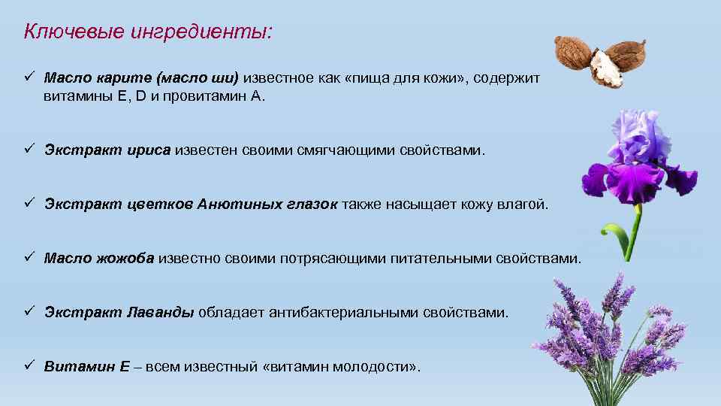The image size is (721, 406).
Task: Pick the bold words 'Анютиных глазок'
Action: (x=267, y=205)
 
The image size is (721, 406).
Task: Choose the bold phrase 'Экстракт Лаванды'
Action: (x=119, y=313)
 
